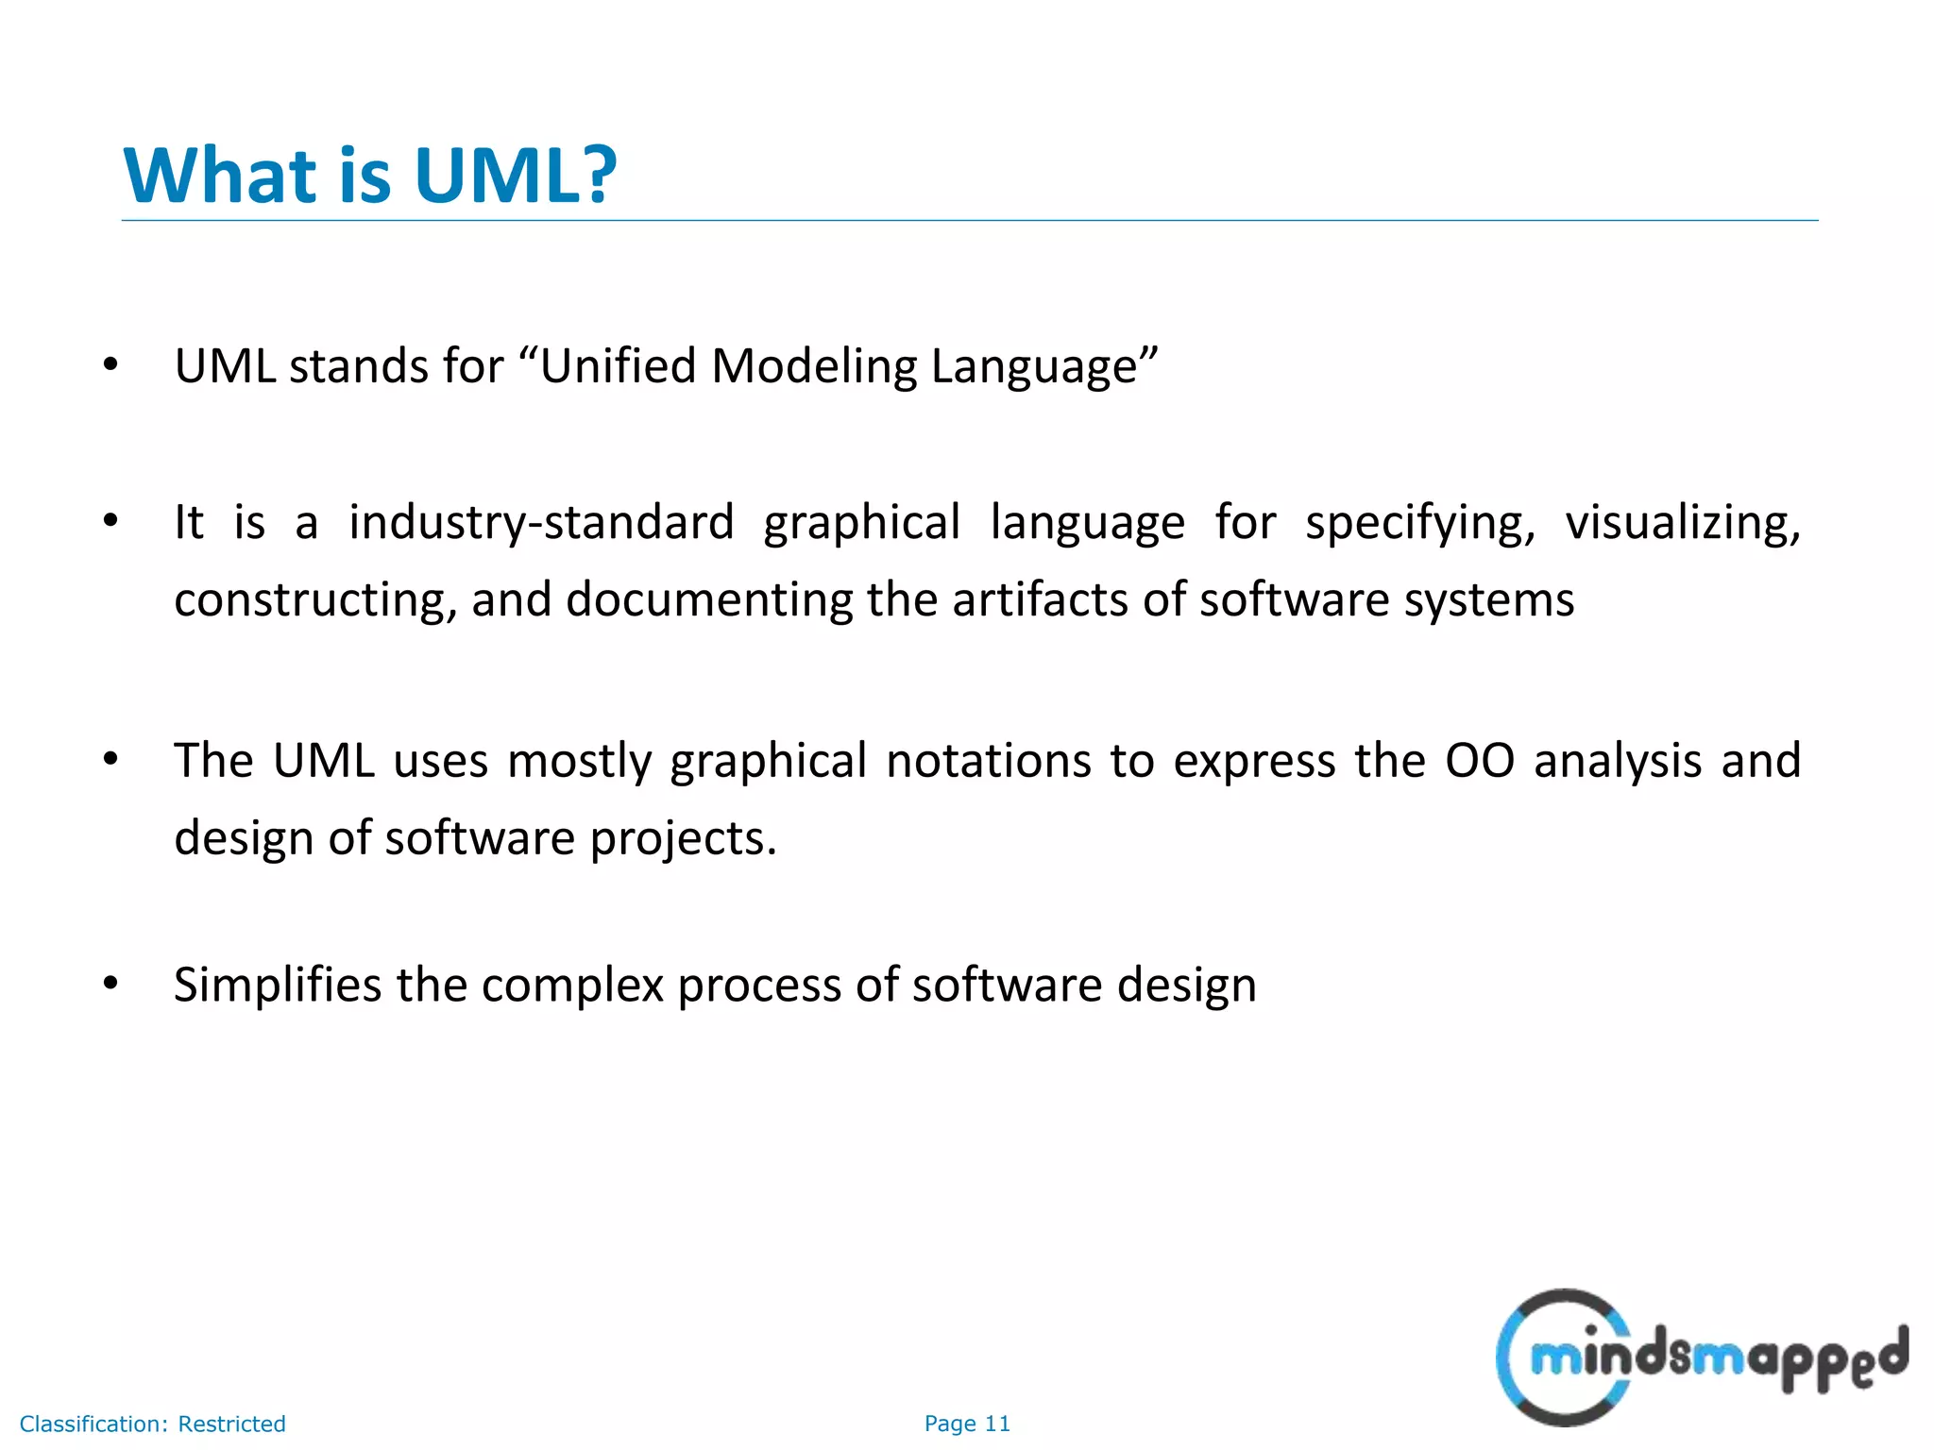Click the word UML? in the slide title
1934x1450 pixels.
coord(515,176)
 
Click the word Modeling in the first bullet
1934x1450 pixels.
coord(813,366)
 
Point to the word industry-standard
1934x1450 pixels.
coord(541,523)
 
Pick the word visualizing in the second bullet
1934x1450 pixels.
coord(1683,523)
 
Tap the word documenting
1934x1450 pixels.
coord(709,600)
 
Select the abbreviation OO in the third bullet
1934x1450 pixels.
coord(1480,761)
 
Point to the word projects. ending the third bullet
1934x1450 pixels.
coord(683,838)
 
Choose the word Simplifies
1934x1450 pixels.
coord(278,986)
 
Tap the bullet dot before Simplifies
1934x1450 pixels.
coord(110,984)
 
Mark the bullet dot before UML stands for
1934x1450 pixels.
coord(110,365)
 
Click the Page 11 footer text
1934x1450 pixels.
coord(967,1424)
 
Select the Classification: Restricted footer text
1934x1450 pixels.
coord(152,1424)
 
